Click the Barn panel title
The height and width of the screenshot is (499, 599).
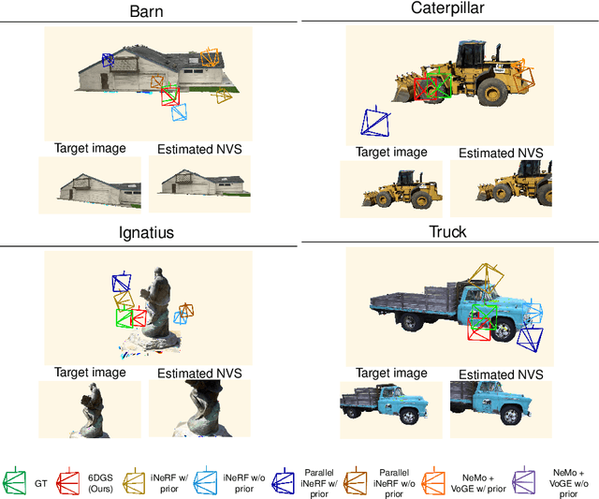149,12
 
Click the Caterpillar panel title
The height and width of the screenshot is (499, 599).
448,8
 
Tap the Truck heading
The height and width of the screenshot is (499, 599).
447,233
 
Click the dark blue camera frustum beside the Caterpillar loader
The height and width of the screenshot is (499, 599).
374,124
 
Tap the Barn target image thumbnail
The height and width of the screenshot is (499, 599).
90,185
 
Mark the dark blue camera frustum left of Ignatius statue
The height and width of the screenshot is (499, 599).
121,283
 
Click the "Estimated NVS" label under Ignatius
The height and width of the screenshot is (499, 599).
199,374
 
